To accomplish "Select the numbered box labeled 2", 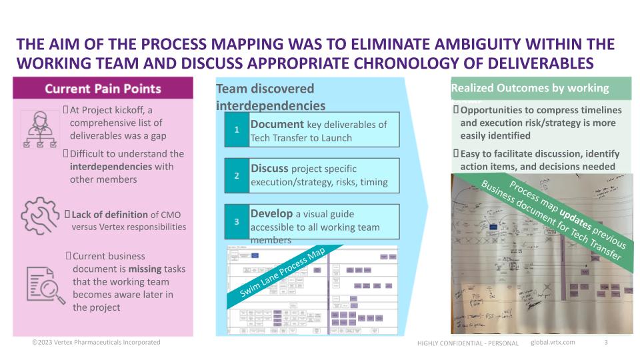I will coord(237,176).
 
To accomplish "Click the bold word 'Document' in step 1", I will coord(277,125).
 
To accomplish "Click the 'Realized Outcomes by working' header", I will coord(530,88).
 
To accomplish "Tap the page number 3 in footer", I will coord(605,343).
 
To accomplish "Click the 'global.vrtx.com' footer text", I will coord(553,343).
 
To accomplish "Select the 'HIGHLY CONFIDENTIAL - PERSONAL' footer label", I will coord(467,343).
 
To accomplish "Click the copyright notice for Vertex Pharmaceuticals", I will coord(97,342).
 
